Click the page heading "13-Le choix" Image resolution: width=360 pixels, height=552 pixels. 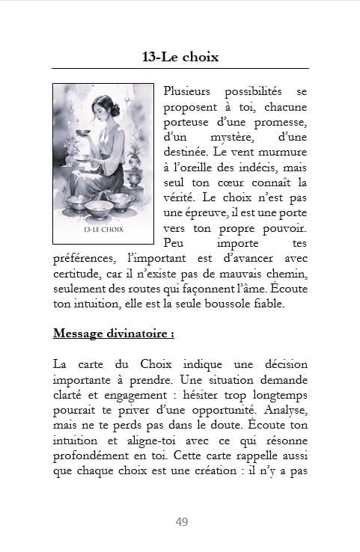(x=180, y=56)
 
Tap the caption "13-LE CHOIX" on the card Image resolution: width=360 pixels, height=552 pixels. (x=103, y=230)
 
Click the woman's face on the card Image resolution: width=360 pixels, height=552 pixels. (x=100, y=112)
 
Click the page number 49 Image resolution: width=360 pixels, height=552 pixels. (x=181, y=521)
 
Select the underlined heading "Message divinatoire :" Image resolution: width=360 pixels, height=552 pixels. (x=103, y=333)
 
